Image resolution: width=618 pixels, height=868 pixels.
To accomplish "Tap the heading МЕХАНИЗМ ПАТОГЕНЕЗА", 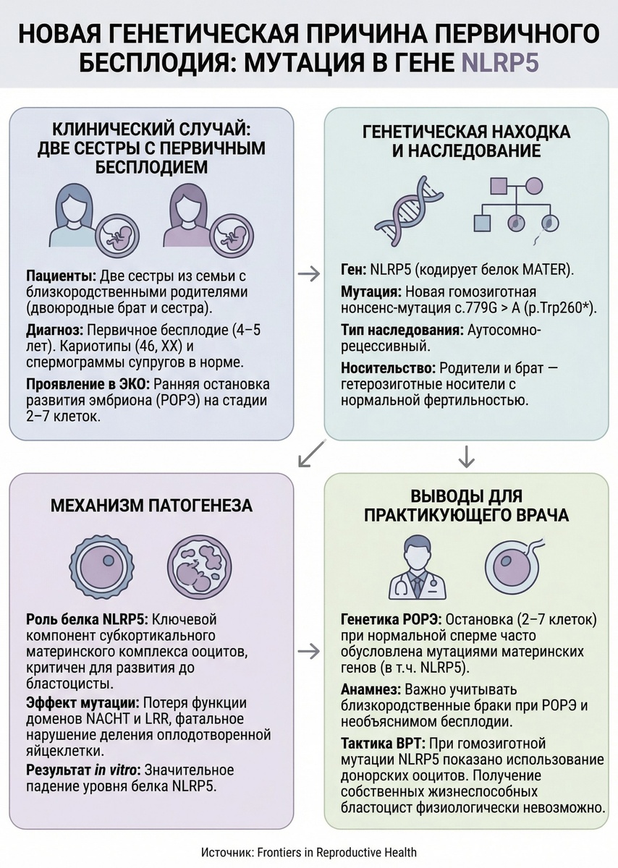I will pyautogui.click(x=151, y=506).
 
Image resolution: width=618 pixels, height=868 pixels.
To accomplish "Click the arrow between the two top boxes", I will pyautogui.click(x=309, y=274).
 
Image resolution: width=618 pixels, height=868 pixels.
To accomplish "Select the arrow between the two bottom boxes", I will pyautogui.click(x=309, y=651).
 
